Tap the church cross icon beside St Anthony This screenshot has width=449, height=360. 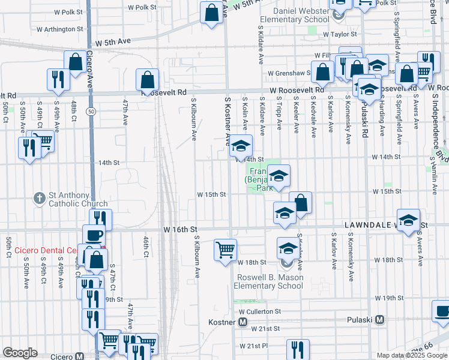40,197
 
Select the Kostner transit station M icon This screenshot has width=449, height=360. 243,322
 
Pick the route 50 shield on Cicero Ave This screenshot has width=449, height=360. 89,112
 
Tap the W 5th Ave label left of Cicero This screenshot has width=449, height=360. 114,43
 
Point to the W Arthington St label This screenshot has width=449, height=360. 59,29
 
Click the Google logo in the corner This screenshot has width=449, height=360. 20,353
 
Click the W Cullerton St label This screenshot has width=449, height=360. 259,312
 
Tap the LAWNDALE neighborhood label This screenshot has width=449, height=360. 368,224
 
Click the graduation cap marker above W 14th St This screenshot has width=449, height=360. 241,145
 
